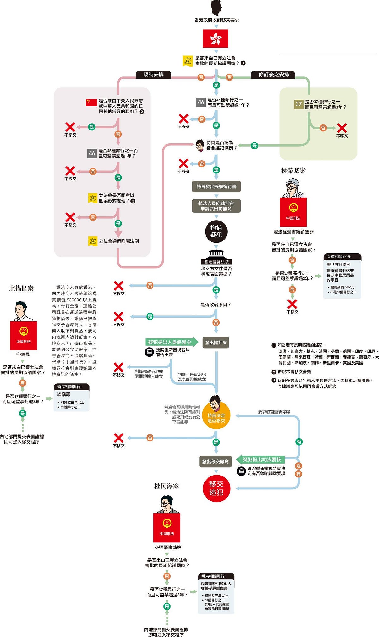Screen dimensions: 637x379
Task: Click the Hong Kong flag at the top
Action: pyautogui.click(x=215, y=39)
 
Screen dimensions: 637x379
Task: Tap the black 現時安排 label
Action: pyautogui.click(x=153, y=75)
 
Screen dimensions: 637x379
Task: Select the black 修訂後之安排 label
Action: pyautogui.click(x=274, y=75)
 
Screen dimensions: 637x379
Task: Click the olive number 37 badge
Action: pyautogui.click(x=298, y=104)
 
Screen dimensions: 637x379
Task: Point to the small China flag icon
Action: pyautogui.click(x=91, y=102)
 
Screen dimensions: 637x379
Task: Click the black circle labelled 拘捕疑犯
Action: pyautogui.click(x=216, y=231)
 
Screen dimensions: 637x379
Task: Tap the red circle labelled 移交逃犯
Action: pyautogui.click(x=216, y=488)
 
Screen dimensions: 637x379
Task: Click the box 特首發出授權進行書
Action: pyautogui.click(x=216, y=186)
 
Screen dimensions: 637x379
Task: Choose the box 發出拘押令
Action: pyautogui.click(x=216, y=343)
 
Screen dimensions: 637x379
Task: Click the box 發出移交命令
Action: pyautogui.click(x=215, y=462)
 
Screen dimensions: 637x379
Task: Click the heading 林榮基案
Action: pyautogui.click(x=293, y=171)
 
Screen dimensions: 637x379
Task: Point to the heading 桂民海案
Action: pyautogui.click(x=166, y=486)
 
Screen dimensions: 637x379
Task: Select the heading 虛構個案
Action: pyautogui.click(x=21, y=288)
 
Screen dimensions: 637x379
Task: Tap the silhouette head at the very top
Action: pyautogui.click(x=216, y=8)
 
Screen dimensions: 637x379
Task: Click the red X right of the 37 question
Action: pyautogui.click(x=342, y=128)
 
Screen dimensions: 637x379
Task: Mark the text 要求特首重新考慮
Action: pyautogui.click(x=274, y=412)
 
